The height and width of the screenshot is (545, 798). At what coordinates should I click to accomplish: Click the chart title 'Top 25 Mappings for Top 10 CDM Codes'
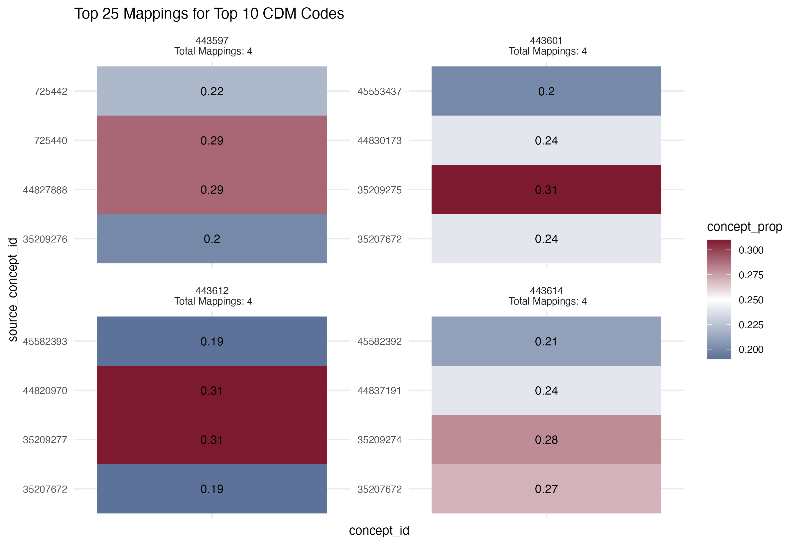[x=209, y=14]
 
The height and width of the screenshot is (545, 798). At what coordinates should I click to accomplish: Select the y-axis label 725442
[x=51, y=92]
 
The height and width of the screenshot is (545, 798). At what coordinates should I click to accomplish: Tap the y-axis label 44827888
[x=45, y=190]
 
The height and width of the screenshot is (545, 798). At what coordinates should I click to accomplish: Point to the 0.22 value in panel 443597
[x=212, y=92]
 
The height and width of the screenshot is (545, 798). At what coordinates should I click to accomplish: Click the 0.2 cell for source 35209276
[x=212, y=239]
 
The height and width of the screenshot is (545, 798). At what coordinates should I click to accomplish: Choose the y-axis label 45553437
[x=379, y=92]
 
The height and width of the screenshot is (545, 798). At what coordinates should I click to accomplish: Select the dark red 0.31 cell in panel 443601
[x=546, y=190]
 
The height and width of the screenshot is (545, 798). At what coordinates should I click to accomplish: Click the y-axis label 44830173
[x=379, y=140]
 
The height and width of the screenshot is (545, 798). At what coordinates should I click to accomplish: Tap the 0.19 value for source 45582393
[x=212, y=342]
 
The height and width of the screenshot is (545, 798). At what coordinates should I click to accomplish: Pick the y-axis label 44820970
[x=45, y=391]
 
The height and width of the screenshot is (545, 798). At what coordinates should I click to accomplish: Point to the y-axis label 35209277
[x=45, y=440]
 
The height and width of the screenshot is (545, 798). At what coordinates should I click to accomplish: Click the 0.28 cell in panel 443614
[x=546, y=440]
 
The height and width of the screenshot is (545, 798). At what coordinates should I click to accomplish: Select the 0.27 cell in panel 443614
[x=546, y=489]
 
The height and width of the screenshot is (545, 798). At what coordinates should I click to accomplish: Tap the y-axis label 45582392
[x=379, y=342]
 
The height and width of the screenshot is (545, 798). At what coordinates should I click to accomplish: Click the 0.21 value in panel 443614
[x=546, y=342]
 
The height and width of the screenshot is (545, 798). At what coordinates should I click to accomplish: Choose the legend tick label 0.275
[x=751, y=275]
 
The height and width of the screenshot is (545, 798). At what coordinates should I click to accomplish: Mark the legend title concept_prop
[x=744, y=227]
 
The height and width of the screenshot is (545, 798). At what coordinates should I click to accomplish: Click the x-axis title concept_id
[x=379, y=531]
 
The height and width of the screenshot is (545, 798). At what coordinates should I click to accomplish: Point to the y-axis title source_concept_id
[x=13, y=290]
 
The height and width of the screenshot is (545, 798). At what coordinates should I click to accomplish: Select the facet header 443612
[x=212, y=291]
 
